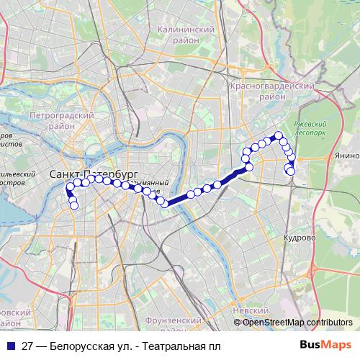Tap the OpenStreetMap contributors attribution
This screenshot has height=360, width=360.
(x=297, y=322)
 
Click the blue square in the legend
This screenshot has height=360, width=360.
(x=10, y=346)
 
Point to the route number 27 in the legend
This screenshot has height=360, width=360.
(x=27, y=346)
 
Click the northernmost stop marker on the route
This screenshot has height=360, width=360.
(x=278, y=135)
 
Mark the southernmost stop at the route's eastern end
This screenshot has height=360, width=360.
(x=290, y=171)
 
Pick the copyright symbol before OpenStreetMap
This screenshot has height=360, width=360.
(x=238, y=323)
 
